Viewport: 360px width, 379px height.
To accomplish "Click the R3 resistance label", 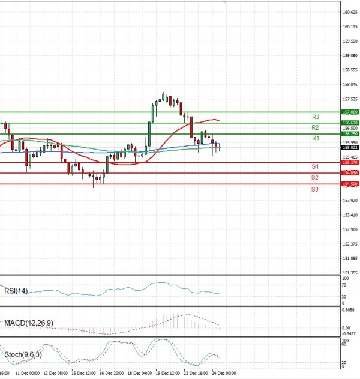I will click(x=315, y=117).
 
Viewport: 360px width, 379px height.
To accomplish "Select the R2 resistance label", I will click(x=315, y=127).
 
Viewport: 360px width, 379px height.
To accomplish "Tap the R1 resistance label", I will click(x=315, y=138).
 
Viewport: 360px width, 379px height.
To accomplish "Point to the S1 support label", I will click(x=315, y=166).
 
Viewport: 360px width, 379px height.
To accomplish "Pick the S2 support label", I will click(x=315, y=178).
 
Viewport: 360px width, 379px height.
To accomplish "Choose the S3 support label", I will click(x=315, y=189).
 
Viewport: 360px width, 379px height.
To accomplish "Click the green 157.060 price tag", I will click(x=350, y=112).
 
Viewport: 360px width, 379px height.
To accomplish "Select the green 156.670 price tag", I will click(x=350, y=123).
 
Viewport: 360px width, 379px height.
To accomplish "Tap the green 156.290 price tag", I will click(x=350, y=133).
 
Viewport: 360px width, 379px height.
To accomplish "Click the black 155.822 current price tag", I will click(x=350, y=147).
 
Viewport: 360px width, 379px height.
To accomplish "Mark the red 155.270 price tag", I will click(x=350, y=162).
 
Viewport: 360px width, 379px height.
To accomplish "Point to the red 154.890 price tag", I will click(x=350, y=173).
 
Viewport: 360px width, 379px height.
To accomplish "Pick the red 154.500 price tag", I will click(x=350, y=184).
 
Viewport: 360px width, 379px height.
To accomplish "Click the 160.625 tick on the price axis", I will click(x=350, y=12).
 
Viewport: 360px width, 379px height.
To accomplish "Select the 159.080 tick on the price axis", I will click(x=350, y=55).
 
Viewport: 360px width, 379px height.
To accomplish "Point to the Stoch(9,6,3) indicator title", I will click(x=22, y=354).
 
